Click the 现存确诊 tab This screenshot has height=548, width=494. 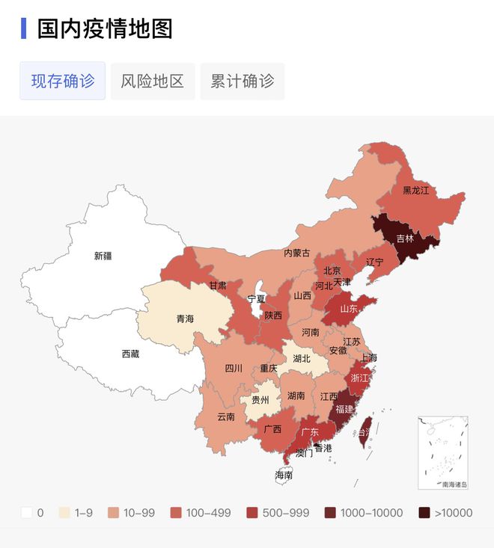pyautogui.click(x=63, y=81)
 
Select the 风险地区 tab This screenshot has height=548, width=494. pyautogui.click(x=153, y=81)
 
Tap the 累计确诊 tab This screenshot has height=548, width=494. pyautogui.click(x=243, y=81)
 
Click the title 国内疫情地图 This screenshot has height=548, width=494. pyautogui.click(x=106, y=29)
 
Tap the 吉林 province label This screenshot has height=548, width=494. pyautogui.click(x=405, y=239)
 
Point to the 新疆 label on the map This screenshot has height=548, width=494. pyautogui.click(x=103, y=256)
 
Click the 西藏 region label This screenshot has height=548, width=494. pyautogui.click(x=131, y=354)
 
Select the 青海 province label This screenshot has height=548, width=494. pyautogui.click(x=185, y=318)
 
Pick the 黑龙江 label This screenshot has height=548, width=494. pyautogui.click(x=416, y=191)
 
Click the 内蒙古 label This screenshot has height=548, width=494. pyautogui.click(x=296, y=253)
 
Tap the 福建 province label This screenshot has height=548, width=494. pyautogui.click(x=345, y=409)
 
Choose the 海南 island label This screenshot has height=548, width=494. pyautogui.click(x=284, y=475)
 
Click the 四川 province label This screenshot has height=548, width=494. pyautogui.click(x=234, y=368)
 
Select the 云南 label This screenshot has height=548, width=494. pyautogui.click(x=226, y=416)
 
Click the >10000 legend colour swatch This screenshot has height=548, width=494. pyautogui.click(x=424, y=513)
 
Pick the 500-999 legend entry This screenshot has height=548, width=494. pyautogui.click(x=252, y=513)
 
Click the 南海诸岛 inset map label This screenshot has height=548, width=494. pyautogui.click(x=454, y=484)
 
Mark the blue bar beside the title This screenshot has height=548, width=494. pyautogui.click(x=24, y=29)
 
